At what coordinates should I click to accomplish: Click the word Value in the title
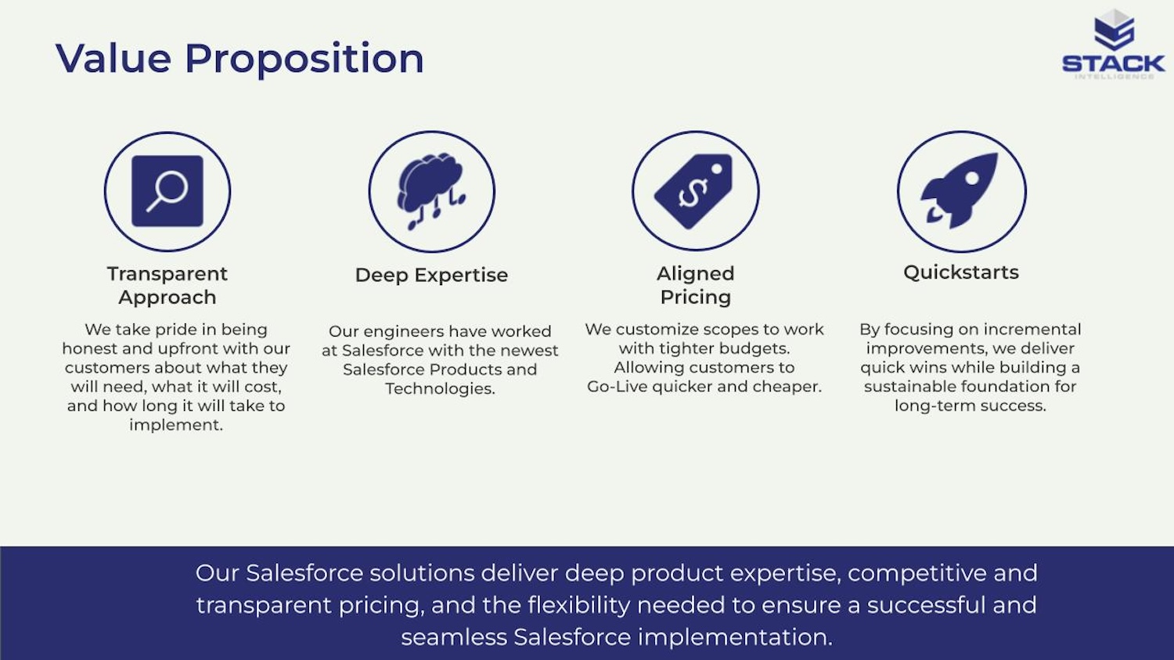[113, 58]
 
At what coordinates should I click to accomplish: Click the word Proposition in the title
[304, 60]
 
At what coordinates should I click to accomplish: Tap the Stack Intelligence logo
[1113, 44]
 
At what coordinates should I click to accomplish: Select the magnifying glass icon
[167, 191]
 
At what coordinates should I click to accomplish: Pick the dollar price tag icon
[694, 191]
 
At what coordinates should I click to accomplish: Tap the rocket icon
[959, 190]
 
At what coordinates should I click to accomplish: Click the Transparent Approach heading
[167, 285]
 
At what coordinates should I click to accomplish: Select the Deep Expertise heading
[431, 276]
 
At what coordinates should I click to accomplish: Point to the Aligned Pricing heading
[696, 285]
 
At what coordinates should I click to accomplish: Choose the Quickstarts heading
[961, 272]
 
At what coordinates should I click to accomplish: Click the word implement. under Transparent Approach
[176, 425]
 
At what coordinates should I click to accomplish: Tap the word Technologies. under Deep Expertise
[440, 388]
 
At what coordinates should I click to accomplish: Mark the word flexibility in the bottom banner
[578, 605]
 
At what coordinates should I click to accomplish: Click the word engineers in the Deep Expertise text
[404, 332]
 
